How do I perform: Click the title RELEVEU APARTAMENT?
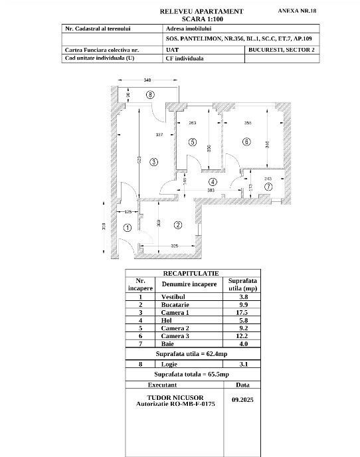(x=202, y=11)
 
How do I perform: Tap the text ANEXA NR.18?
(x=297, y=11)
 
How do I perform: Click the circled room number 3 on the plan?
(x=153, y=161)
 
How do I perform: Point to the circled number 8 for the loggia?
(x=150, y=95)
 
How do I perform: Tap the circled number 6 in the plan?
(x=246, y=141)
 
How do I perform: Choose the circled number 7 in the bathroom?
(x=268, y=187)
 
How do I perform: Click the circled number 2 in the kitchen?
(x=178, y=225)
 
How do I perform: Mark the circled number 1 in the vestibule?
(x=128, y=228)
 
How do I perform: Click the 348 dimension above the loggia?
(x=147, y=80)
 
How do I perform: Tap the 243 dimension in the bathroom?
(x=268, y=178)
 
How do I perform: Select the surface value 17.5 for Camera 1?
(x=242, y=312)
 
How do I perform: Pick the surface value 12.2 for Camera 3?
(x=242, y=335)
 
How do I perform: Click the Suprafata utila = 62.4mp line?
(x=192, y=354)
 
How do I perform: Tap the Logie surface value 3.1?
(x=242, y=364)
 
